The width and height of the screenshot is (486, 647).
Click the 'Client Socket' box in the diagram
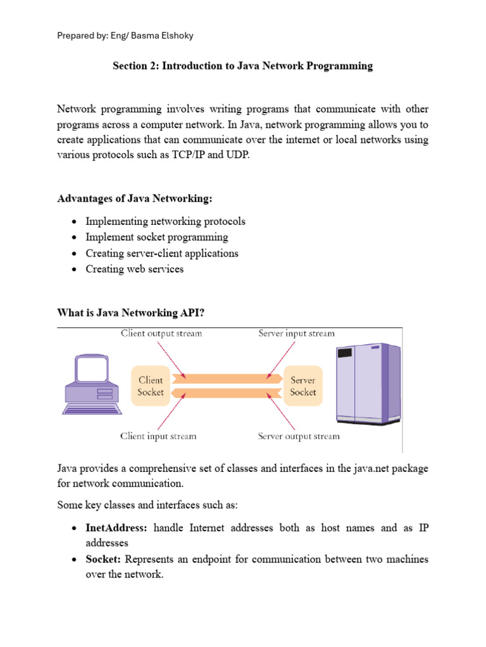(151, 386)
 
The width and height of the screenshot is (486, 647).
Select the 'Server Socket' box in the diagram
(302, 386)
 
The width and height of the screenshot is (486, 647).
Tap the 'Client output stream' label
(161, 334)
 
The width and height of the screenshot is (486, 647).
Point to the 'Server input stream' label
(296, 334)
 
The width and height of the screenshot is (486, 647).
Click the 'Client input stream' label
(158, 436)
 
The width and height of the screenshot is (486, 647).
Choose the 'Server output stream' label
(299, 436)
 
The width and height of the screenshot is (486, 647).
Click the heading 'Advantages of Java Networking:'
(135, 199)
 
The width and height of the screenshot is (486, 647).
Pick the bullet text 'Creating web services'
(135, 269)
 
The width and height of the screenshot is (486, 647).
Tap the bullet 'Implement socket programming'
(157, 238)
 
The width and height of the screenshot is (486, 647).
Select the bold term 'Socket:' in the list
(104, 560)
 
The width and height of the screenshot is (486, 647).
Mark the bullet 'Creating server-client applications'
(162, 253)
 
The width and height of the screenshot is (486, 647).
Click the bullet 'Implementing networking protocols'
(165, 222)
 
